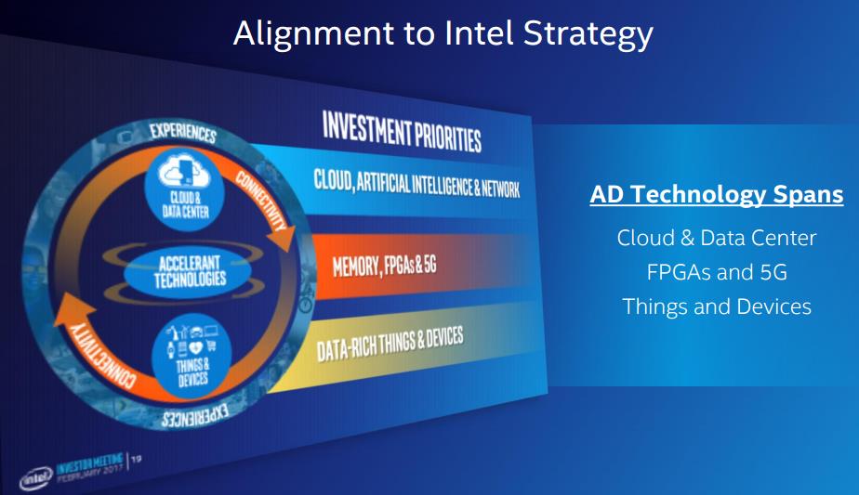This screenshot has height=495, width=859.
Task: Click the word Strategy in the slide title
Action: tap(588, 34)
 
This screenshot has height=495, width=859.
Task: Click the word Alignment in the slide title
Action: tap(312, 33)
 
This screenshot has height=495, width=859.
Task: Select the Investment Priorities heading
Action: tap(402, 132)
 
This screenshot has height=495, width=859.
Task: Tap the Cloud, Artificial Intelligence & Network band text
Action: tap(416, 184)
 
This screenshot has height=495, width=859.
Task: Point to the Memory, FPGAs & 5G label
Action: tap(384, 266)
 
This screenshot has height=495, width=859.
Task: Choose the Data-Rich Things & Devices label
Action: tap(390, 344)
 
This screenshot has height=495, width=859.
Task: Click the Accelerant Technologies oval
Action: tap(188, 271)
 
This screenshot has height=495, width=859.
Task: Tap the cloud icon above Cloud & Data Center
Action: tap(184, 171)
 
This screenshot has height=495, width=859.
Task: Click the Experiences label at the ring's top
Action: tap(183, 132)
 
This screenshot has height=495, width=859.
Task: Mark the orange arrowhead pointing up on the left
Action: tap(74, 309)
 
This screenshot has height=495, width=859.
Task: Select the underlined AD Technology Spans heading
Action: tap(717, 195)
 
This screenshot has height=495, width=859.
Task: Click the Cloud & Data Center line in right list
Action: tap(717, 238)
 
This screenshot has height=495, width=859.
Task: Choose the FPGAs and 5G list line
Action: tap(717, 272)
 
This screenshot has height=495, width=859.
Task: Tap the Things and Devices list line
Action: tap(717, 306)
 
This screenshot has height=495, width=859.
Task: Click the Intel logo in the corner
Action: tap(36, 478)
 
